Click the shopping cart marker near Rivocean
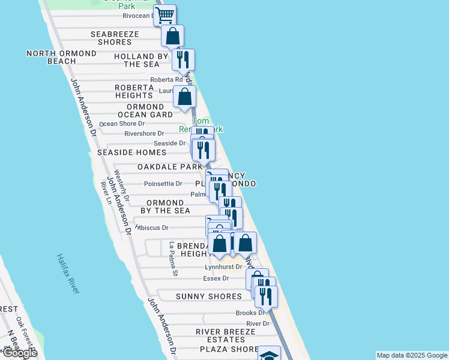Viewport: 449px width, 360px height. (x=164, y=14)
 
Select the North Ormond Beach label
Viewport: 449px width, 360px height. (x=51, y=57)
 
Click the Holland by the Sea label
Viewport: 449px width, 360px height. (x=136, y=61)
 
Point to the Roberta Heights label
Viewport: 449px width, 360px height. (x=134, y=91)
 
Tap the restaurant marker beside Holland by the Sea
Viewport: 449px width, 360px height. (x=183, y=59)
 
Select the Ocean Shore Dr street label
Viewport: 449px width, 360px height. (x=122, y=124)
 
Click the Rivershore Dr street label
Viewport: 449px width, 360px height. (x=144, y=133)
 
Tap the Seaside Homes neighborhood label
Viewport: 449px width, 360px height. (x=131, y=153)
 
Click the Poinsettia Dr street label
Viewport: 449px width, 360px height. (x=163, y=184)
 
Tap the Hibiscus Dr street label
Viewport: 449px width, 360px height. (x=152, y=228)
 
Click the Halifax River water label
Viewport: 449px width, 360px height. (x=68, y=273)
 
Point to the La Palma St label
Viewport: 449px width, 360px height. (x=173, y=259)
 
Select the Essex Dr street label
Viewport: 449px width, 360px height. (x=217, y=278)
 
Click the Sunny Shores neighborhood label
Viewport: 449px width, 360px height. (x=209, y=296)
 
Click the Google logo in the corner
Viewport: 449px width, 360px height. (x=19, y=352)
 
